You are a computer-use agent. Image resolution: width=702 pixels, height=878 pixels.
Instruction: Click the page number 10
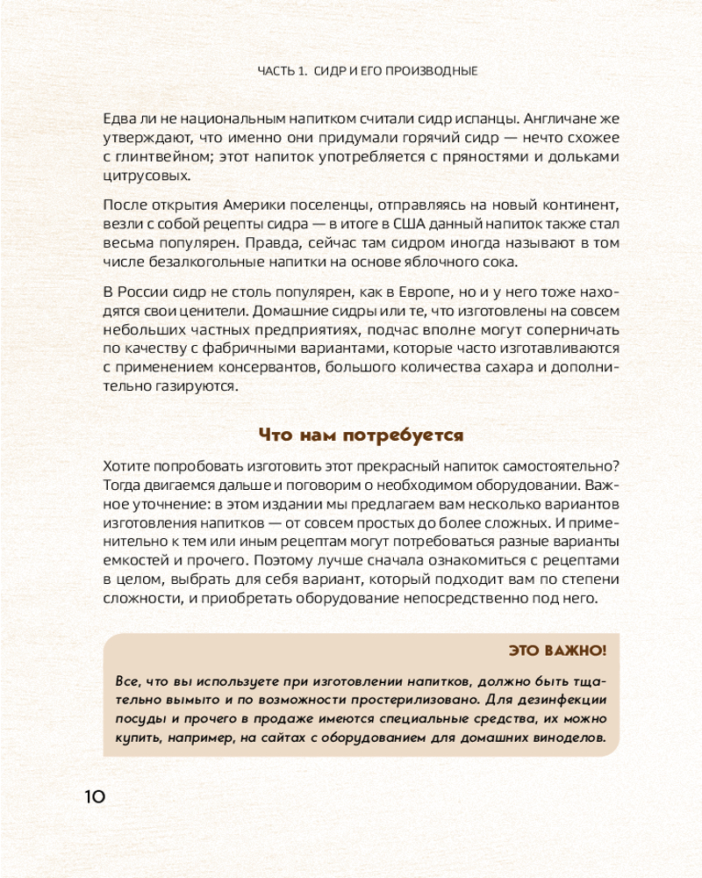(x=94, y=796)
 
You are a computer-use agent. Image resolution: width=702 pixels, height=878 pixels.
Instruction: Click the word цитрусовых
(x=147, y=176)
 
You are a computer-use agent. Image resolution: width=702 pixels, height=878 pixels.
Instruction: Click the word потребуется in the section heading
(x=412, y=435)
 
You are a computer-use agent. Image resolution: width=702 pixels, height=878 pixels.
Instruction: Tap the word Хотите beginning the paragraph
(x=125, y=465)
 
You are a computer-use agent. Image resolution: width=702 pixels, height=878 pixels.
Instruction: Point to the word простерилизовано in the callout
(x=419, y=701)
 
